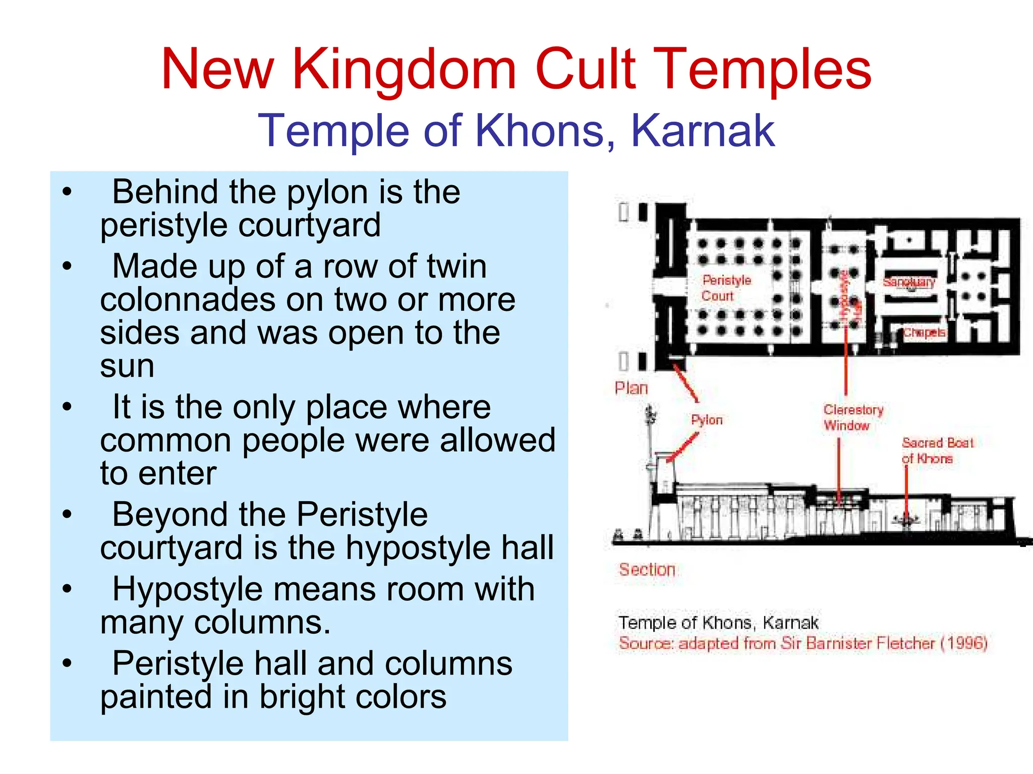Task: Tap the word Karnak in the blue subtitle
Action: (x=703, y=131)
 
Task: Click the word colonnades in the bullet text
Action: (x=188, y=300)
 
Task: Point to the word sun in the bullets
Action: (x=127, y=366)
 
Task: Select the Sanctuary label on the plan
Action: (x=909, y=282)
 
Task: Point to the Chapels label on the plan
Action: (x=924, y=333)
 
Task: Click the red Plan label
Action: (x=631, y=388)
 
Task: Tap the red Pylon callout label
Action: (x=707, y=420)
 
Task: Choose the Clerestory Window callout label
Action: (x=852, y=417)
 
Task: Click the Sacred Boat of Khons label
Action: (x=937, y=451)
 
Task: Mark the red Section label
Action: (x=647, y=570)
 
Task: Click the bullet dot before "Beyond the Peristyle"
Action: (x=67, y=515)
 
